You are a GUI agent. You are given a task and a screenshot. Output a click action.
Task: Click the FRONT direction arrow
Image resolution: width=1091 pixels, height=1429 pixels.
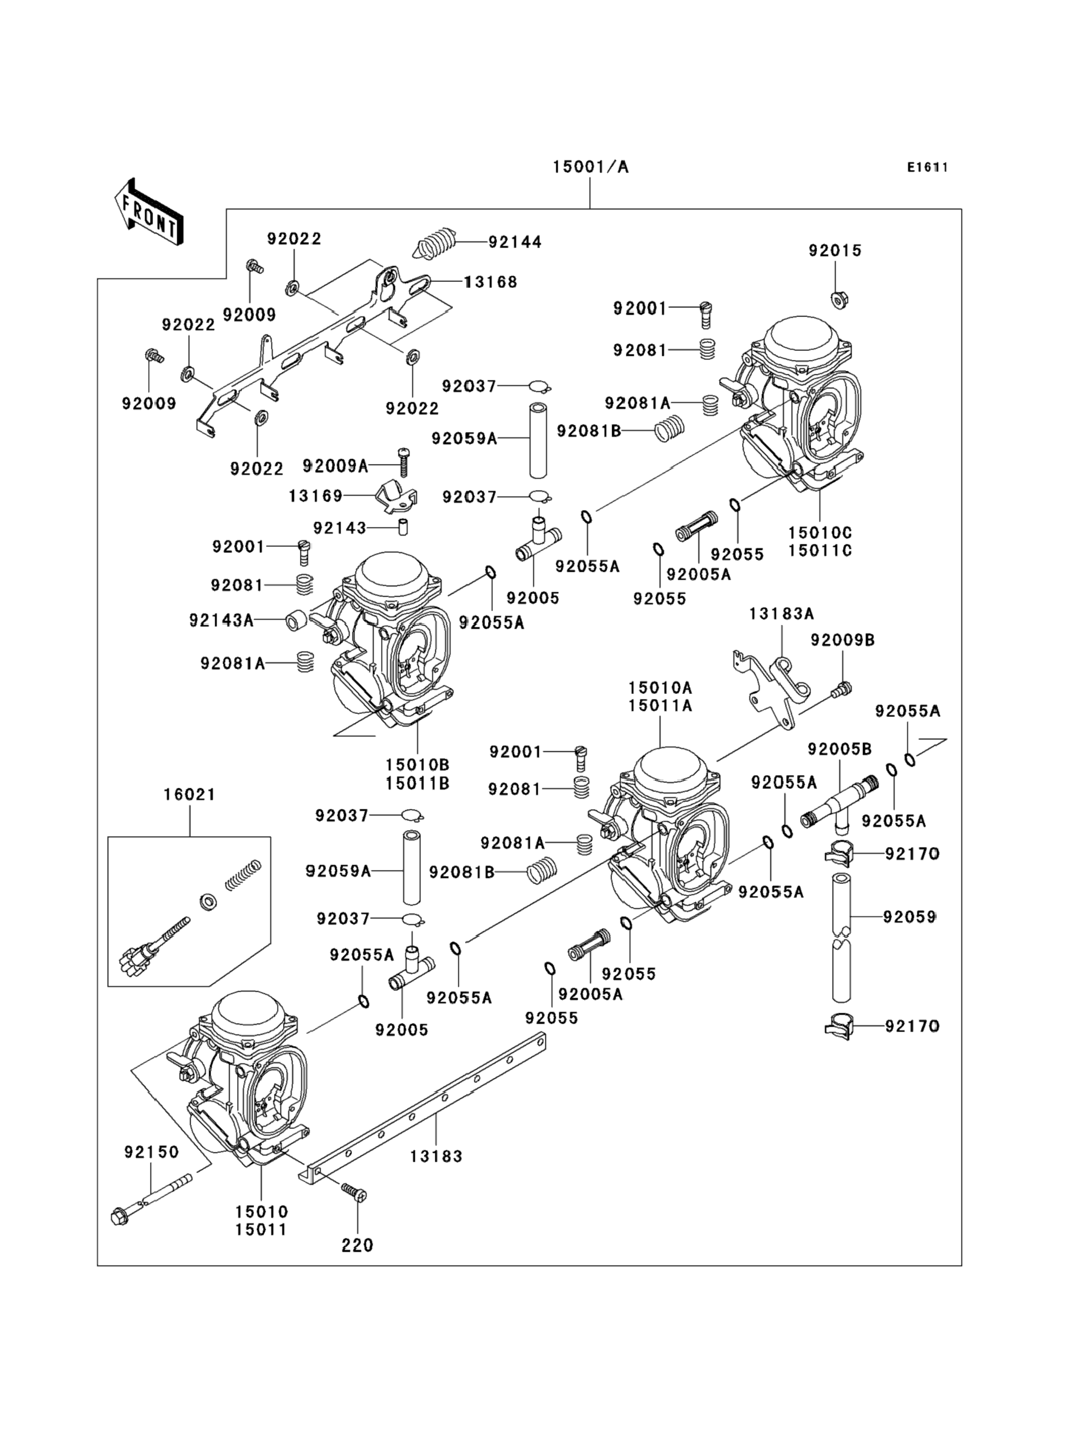coord(149,212)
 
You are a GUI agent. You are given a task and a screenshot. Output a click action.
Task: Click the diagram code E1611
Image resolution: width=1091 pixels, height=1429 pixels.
coord(927,168)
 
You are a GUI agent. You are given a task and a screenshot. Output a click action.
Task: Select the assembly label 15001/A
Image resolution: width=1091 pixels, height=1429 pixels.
coord(590,167)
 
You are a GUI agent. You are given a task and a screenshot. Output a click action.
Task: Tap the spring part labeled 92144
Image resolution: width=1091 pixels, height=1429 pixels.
coord(437,244)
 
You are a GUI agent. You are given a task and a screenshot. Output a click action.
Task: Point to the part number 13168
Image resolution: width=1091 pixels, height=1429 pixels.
coord(491,282)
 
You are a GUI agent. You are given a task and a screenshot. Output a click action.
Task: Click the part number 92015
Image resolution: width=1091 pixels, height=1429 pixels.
coord(835,250)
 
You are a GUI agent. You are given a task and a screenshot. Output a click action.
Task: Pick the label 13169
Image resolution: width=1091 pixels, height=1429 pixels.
coord(316,496)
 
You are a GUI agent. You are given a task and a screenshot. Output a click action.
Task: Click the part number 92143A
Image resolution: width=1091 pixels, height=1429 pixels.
coord(221,620)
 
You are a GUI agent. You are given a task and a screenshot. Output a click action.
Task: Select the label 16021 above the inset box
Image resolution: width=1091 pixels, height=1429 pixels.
coord(190,794)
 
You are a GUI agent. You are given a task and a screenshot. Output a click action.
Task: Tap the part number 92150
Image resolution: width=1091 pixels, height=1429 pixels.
coord(151,1152)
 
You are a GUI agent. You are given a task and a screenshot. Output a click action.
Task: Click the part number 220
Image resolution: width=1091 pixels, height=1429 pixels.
coord(358,1245)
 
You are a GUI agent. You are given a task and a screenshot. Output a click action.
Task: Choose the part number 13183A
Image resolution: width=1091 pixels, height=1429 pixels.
coord(781,613)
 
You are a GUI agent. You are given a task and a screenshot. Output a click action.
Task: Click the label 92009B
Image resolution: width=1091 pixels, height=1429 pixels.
coord(842,640)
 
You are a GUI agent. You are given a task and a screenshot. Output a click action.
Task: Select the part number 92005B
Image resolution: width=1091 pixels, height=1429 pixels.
coord(839,749)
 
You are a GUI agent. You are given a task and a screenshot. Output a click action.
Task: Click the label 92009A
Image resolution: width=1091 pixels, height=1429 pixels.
coord(335,465)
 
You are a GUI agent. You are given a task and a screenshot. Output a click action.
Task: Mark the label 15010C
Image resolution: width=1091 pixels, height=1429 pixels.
coord(819,532)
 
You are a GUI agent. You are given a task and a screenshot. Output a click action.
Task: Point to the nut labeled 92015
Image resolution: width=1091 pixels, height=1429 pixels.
coord(838,299)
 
